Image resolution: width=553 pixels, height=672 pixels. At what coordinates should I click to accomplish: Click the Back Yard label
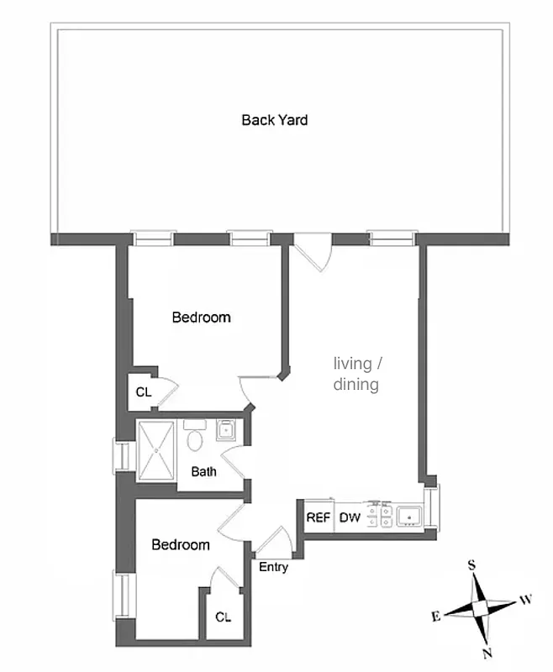pyautogui.click(x=274, y=120)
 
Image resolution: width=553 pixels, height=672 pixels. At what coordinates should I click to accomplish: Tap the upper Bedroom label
pyautogui.click(x=201, y=318)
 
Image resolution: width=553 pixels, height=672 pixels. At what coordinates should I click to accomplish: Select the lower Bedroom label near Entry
pyautogui.click(x=180, y=545)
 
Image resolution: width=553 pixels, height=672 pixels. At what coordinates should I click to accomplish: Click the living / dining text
pyautogui.click(x=358, y=375)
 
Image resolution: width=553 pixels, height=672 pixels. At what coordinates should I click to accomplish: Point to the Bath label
pyautogui.click(x=203, y=472)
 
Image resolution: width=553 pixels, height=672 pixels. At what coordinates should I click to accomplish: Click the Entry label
pyautogui.click(x=273, y=568)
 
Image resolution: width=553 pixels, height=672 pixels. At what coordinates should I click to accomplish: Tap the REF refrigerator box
pyautogui.click(x=319, y=517)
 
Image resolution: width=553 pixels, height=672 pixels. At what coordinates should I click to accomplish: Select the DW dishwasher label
pyautogui.click(x=350, y=517)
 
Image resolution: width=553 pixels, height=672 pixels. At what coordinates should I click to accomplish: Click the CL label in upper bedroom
pyautogui.click(x=144, y=392)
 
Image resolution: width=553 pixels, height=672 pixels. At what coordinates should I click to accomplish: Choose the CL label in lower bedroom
pyautogui.click(x=223, y=617)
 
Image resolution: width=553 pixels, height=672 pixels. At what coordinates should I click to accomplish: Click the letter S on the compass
pyautogui.click(x=472, y=565)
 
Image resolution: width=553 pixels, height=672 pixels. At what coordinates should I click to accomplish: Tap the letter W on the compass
pyautogui.click(x=525, y=600)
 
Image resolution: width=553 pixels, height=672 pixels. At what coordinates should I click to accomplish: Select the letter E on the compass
pyautogui.click(x=435, y=617)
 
